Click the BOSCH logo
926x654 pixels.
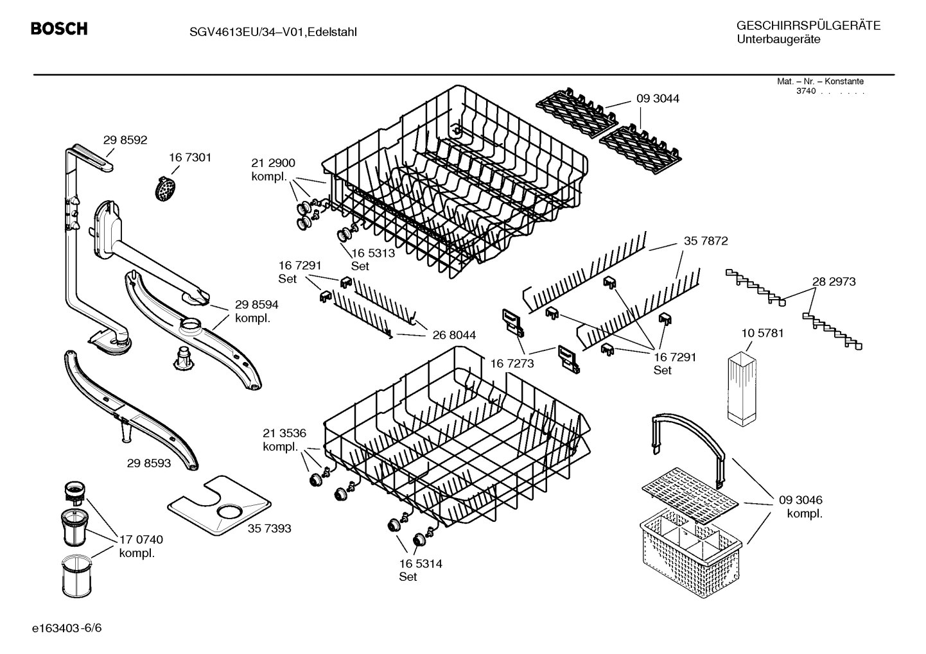59,29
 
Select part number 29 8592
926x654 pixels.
125,139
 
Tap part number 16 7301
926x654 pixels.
190,157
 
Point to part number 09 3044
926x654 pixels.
658,98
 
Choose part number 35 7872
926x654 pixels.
706,241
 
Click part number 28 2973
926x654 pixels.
834,282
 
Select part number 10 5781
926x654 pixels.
762,333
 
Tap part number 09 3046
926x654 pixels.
801,500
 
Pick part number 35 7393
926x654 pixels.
269,528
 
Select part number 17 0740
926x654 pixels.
141,540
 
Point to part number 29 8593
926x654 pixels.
149,462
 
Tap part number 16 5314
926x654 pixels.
421,564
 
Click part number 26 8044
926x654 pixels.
454,334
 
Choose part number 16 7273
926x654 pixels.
512,364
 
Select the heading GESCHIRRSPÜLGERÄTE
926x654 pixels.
808,26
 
